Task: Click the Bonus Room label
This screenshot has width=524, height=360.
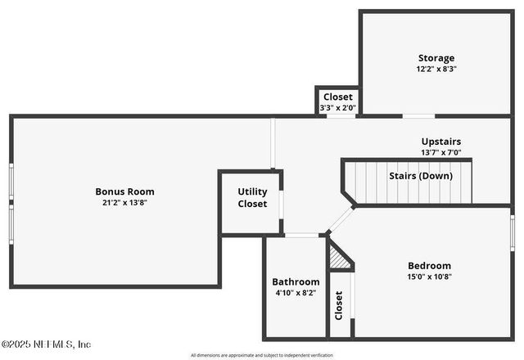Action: [x=124, y=191]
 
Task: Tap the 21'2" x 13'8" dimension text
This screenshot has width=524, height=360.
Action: [x=124, y=203]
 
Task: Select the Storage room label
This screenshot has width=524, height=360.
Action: [x=436, y=58]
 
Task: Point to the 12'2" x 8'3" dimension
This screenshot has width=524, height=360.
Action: [x=436, y=70]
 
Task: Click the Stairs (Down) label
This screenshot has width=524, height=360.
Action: [x=420, y=176]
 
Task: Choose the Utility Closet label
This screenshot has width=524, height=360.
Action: [x=252, y=197]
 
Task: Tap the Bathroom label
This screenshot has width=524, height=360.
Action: [x=296, y=281]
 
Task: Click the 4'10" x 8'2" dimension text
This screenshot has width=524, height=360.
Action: [x=296, y=293]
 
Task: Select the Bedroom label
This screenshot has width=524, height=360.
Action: [x=429, y=265]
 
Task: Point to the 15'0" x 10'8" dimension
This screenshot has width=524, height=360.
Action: [x=429, y=277]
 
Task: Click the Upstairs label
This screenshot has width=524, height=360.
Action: [x=441, y=140]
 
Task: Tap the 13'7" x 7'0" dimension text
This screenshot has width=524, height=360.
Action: [x=441, y=151]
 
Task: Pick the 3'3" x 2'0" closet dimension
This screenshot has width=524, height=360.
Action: [x=337, y=107]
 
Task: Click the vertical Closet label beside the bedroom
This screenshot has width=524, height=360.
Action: [x=339, y=305]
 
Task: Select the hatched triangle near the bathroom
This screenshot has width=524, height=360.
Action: [x=338, y=259]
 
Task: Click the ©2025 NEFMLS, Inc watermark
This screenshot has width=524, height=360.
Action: [x=46, y=344]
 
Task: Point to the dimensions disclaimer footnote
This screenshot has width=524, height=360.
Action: [x=262, y=355]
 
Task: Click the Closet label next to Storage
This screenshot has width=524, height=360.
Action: [x=337, y=97]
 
